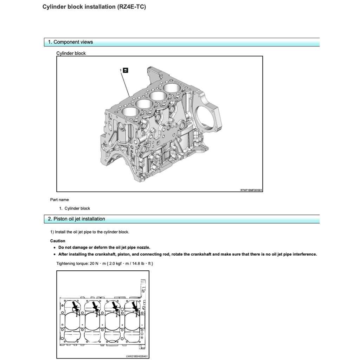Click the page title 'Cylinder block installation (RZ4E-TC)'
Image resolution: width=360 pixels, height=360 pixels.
(94, 7)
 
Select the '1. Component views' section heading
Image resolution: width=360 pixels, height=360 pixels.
(71, 42)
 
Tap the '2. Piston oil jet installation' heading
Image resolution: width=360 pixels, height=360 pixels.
(77, 219)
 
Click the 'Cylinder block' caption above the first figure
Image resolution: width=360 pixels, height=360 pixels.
(71, 53)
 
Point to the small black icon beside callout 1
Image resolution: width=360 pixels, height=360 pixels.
(126, 70)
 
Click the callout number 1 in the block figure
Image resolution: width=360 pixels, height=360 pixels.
(121, 70)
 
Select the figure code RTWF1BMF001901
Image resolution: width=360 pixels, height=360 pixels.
(251, 190)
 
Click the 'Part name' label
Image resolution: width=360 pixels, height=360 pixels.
(59, 200)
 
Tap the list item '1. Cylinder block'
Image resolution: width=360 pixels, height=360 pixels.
(75, 208)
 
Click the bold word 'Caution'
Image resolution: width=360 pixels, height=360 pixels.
(58, 241)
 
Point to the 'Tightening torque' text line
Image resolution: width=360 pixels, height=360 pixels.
(104, 263)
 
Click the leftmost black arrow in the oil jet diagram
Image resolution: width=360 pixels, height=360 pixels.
(75, 305)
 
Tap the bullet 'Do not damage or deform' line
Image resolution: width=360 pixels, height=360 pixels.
(104, 247)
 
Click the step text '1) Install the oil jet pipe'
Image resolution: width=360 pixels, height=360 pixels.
(90, 232)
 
